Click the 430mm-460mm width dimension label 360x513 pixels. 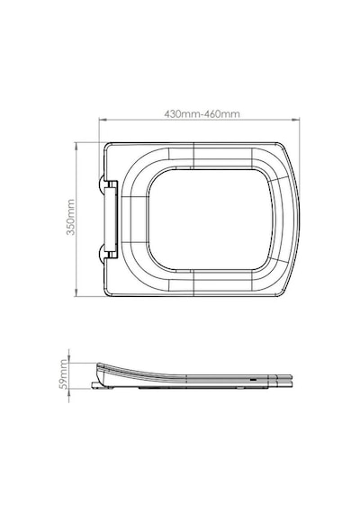pyautogui.click(x=202, y=114)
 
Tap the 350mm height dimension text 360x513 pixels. pyautogui.click(x=71, y=217)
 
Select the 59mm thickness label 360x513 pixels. pyautogui.click(x=64, y=374)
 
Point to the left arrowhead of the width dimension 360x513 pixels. pyautogui.click(x=102, y=120)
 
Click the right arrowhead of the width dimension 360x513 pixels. pyautogui.click(x=296, y=120)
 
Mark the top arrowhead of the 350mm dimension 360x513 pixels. pyautogui.click(x=76, y=146)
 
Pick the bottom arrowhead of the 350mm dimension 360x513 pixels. pyautogui.click(x=76, y=293)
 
